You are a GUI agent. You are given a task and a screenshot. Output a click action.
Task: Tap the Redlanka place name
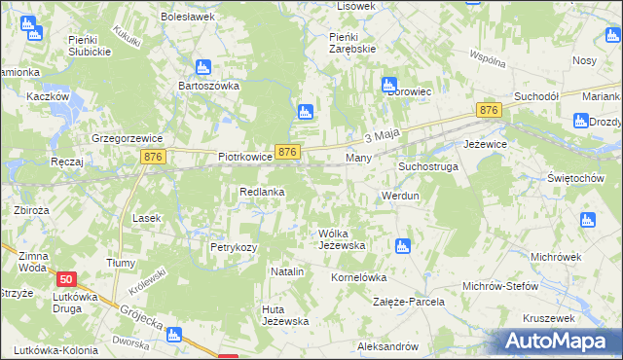tap(262, 192)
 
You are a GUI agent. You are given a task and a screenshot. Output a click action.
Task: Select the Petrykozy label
tap(234, 247)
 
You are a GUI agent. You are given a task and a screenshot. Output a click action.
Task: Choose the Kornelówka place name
tap(359, 277)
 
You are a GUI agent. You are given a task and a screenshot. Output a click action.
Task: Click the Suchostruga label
tap(427, 166)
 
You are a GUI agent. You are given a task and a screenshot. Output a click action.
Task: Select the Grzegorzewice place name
tap(125, 138)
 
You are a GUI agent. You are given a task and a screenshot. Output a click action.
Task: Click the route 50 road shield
tap(66, 278)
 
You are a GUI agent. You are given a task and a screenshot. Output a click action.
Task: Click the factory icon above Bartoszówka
tap(203, 67)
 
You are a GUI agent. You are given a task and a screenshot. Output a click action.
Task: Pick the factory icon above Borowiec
tap(389, 84)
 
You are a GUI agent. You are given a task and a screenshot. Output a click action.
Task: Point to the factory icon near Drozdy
tap(582, 121)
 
